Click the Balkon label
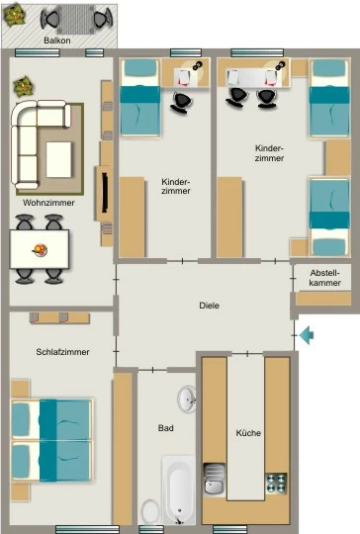click(57, 41)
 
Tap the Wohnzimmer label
click(48, 203)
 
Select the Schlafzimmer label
click(62, 352)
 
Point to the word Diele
click(209, 306)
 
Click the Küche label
click(248, 433)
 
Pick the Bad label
click(166, 428)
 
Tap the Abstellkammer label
click(325, 278)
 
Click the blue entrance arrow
click(307, 335)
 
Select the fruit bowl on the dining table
click(40, 250)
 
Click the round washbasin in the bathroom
click(187, 399)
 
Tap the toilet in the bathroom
click(149, 512)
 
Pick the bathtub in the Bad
click(179, 490)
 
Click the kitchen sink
click(215, 479)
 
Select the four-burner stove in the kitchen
click(276, 483)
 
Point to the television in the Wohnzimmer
click(105, 193)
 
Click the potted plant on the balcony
click(15, 16)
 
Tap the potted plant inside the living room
click(23, 86)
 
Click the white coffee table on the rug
click(58, 160)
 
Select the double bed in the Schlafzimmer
click(51, 440)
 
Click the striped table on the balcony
click(76, 19)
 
